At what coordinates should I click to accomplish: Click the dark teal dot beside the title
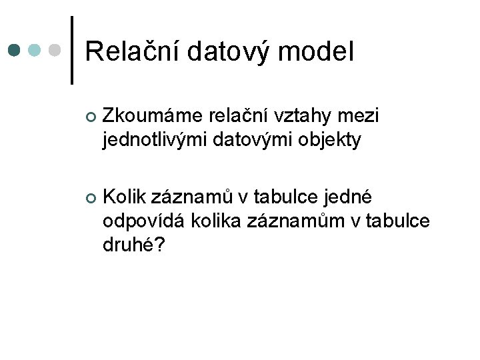(15, 49)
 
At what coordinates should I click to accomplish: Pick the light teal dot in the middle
(35, 49)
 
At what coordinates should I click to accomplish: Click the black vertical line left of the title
(72, 50)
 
